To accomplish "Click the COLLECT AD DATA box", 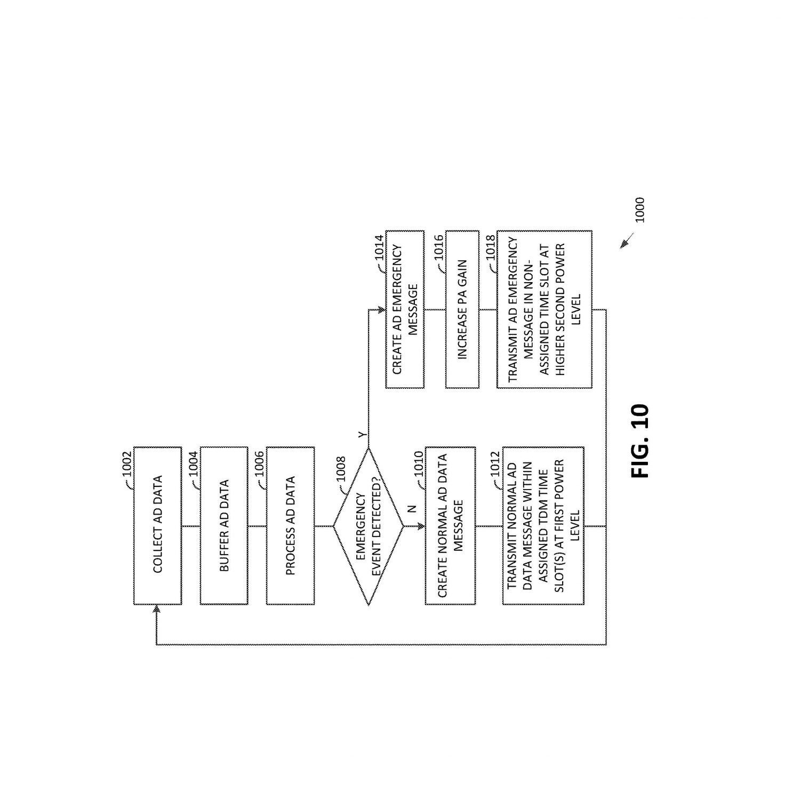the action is coord(157,525).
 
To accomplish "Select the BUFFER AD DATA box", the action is coord(223,525).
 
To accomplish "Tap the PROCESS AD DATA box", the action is coord(290,525).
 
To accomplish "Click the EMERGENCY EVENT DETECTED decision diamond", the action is coord(369,526).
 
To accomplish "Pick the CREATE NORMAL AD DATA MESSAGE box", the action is coord(450,525).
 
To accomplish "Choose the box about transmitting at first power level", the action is coord(543,525).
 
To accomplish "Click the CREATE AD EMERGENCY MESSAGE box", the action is coord(405,309).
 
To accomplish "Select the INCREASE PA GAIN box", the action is coord(462,309).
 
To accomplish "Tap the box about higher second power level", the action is coord(544,309).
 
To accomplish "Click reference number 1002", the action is coord(127,464).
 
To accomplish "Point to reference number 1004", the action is coord(194,464).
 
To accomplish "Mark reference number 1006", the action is coord(260,464).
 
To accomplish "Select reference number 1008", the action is coord(341,469).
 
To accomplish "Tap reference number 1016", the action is coord(439,247).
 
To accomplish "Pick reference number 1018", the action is coord(491,247).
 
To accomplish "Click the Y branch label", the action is coord(362,436).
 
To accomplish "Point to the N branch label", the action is coord(412,509).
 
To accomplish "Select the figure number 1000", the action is coord(640,210).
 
